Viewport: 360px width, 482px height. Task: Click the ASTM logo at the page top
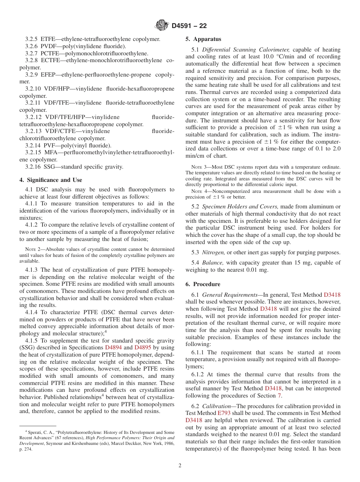162,26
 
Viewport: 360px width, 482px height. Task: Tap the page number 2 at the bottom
180,465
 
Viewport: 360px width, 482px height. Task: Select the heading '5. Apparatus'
203,39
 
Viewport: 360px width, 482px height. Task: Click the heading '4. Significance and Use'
50,180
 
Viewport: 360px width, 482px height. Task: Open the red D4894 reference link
113,347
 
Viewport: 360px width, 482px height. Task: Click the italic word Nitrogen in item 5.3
213,252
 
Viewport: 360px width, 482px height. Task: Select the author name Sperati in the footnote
36,432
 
